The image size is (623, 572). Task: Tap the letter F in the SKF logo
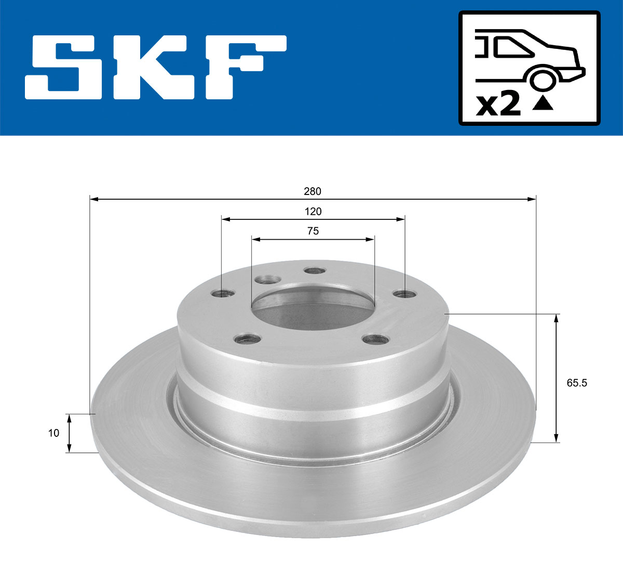click(244, 67)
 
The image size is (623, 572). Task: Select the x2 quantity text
click(498, 105)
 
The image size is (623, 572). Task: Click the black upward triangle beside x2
click(543, 104)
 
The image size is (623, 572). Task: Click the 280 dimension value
click(313, 191)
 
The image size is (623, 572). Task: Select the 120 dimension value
click(313, 212)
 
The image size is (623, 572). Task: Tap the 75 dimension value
click(313, 231)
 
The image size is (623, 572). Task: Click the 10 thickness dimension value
click(53, 433)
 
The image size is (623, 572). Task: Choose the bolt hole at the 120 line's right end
click(404, 294)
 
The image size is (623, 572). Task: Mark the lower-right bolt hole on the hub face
click(375, 340)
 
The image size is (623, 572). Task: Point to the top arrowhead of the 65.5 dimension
click(557, 318)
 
